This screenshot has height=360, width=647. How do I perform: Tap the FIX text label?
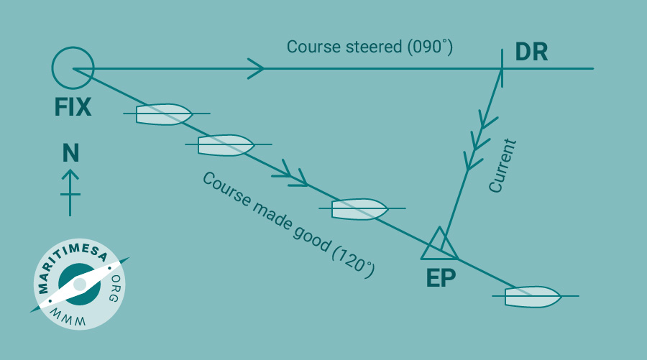(x=73, y=107)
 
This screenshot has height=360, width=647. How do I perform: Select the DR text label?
(x=531, y=52)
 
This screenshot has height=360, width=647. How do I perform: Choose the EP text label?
(x=441, y=278)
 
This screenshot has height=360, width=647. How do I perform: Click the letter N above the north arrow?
(x=70, y=153)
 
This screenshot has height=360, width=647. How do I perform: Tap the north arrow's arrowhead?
(x=70, y=175)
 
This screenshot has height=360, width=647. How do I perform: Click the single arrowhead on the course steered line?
(x=256, y=68)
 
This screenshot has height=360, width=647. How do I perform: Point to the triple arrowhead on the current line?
(x=480, y=139)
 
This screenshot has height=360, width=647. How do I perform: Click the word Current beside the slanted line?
(x=503, y=166)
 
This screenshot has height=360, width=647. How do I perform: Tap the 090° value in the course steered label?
(x=430, y=47)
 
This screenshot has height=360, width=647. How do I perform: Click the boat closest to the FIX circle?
(x=164, y=114)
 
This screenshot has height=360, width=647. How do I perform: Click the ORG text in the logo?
(x=115, y=288)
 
